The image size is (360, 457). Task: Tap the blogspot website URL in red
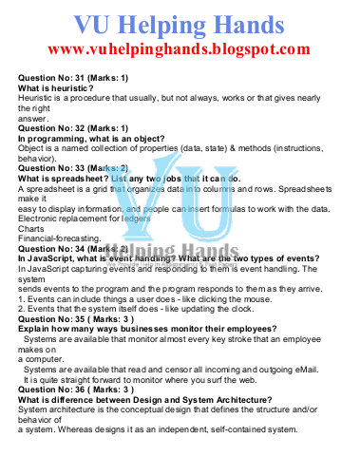(x=180, y=48)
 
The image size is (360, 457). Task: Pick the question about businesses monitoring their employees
(x=143, y=332)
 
